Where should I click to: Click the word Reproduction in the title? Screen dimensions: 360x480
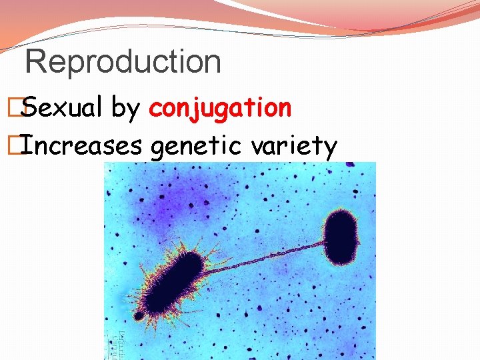click(123, 61)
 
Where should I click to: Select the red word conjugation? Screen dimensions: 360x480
click(220, 107)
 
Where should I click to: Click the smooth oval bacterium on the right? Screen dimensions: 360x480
click(341, 237)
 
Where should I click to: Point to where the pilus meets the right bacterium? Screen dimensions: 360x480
click(324, 244)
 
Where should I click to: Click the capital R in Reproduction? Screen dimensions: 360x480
click(35, 61)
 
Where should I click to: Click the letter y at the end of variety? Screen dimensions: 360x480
click(329, 148)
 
